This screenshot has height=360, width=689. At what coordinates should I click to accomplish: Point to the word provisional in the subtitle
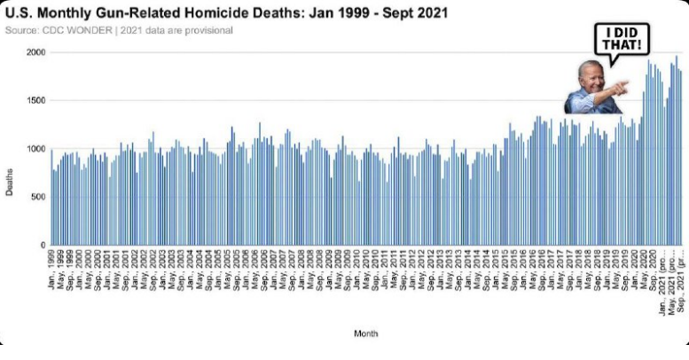click(x=209, y=30)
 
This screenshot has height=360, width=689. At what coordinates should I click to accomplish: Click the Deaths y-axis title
click(x=9, y=182)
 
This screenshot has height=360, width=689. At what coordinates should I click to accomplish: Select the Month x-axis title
click(x=366, y=334)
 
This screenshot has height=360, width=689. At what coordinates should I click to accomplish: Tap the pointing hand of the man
click(x=620, y=87)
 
